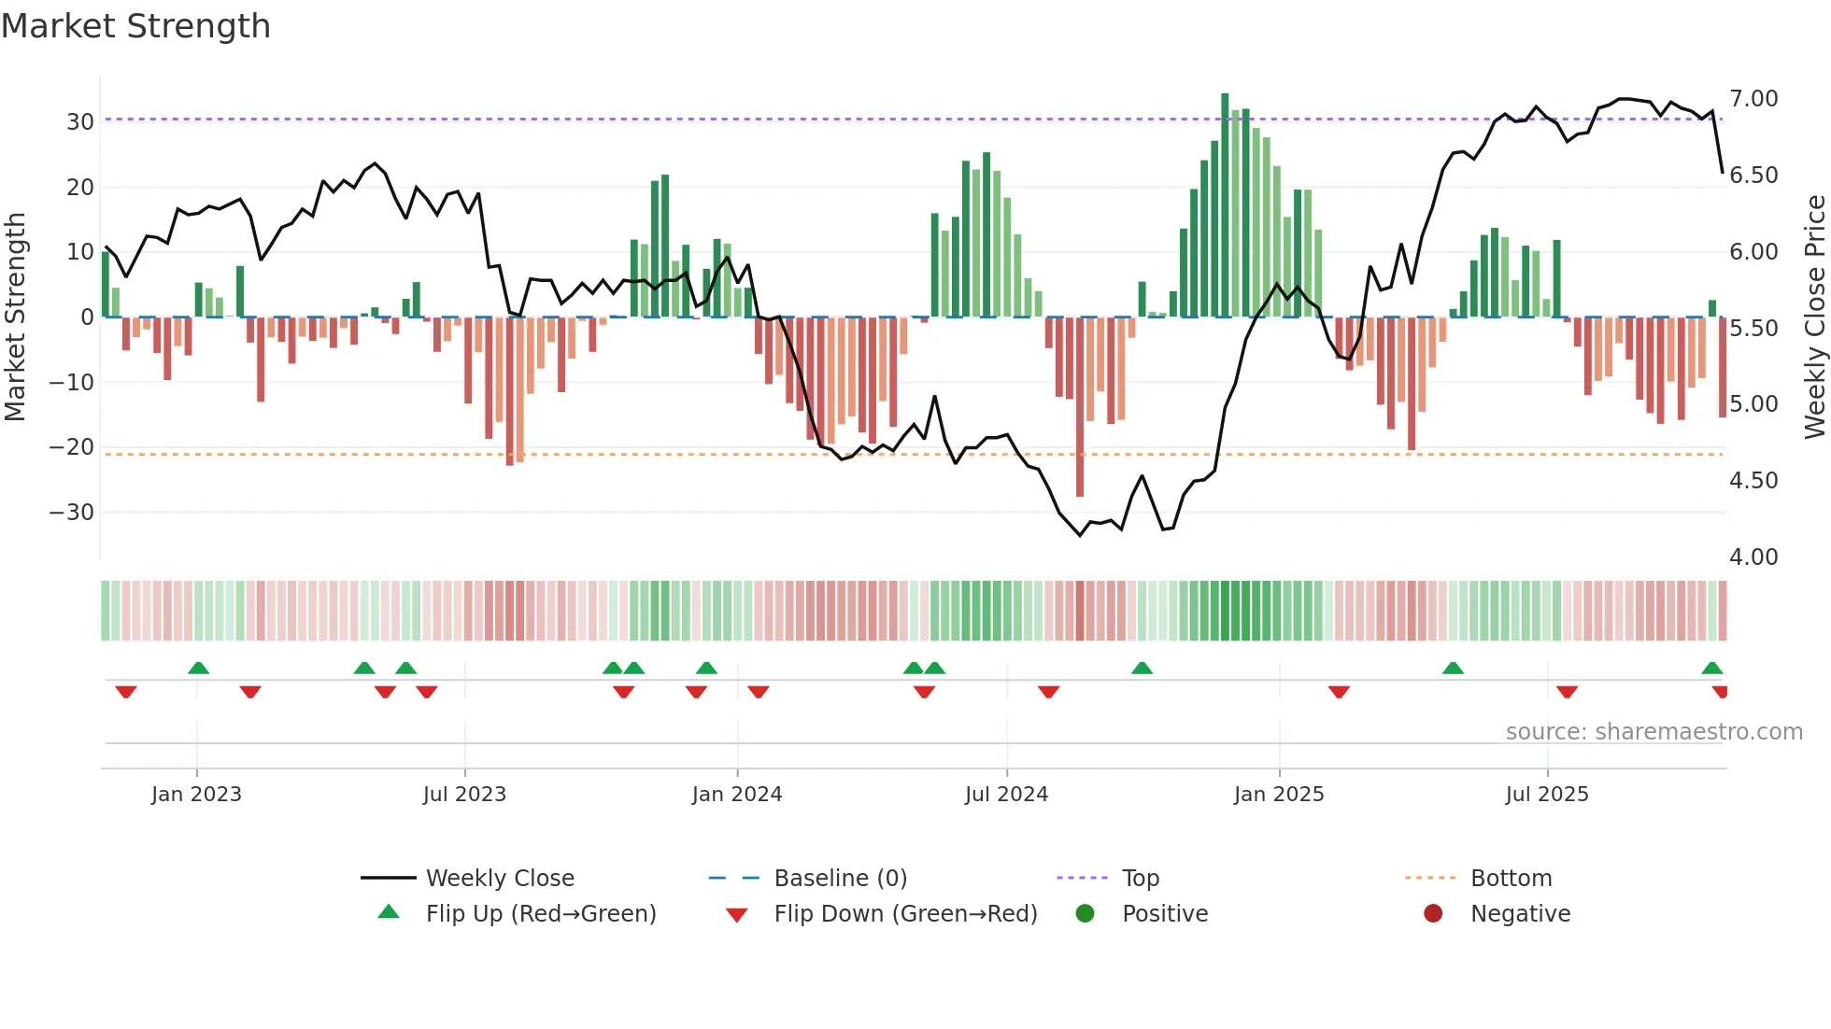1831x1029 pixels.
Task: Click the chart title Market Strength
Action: tap(135, 26)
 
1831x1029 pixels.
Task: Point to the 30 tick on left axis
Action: tap(79, 122)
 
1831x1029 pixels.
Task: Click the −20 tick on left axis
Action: tap(72, 447)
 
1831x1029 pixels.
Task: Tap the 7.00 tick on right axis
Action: tap(1753, 99)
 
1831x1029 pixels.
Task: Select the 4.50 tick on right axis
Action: tap(1753, 481)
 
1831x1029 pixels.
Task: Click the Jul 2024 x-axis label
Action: tap(1006, 795)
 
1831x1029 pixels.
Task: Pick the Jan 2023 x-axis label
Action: tap(196, 795)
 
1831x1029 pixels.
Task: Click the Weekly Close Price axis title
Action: tap(1814, 317)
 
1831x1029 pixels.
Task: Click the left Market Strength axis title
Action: tap(15, 317)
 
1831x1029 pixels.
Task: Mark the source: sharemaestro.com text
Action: tap(1654, 732)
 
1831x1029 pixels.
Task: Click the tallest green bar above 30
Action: tap(1225, 205)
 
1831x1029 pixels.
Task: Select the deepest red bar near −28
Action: tap(1080, 406)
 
